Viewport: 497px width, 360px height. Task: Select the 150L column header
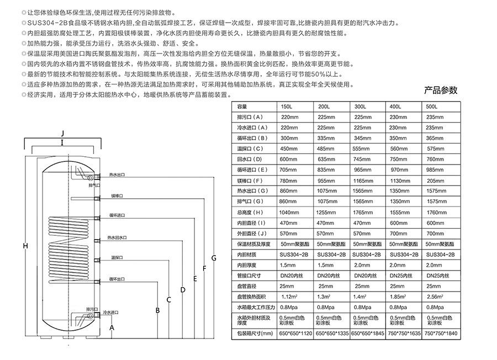tap(285, 107)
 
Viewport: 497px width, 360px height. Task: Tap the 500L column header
tap(432, 107)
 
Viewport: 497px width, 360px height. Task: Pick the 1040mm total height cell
tap(290, 212)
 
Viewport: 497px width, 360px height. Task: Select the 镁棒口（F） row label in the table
tap(248, 181)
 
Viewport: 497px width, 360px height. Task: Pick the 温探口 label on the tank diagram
tap(116, 257)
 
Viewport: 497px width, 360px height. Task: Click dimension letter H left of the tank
tap(25, 246)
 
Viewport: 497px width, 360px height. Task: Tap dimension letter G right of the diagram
tap(214, 258)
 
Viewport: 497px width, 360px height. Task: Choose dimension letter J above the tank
tap(62, 134)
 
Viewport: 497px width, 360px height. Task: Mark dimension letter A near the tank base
tap(113, 327)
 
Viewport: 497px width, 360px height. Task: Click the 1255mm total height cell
tap(326, 212)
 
